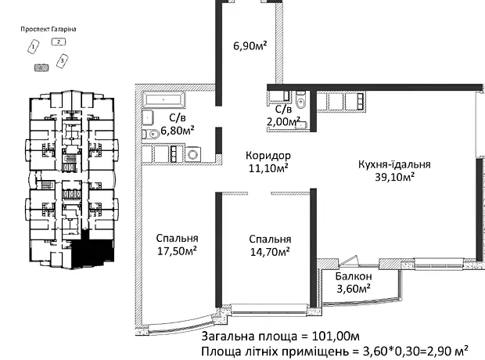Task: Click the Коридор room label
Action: tap(268, 155)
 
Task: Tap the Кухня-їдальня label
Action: tap(394, 164)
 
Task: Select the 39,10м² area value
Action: tap(395, 177)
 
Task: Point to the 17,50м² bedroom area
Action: tap(177, 250)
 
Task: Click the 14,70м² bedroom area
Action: tap(270, 252)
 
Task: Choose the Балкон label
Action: tap(354, 275)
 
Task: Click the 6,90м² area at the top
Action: tap(250, 46)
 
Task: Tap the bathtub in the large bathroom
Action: tap(163, 99)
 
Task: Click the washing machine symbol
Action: tap(193, 154)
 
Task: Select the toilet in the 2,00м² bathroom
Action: tap(300, 99)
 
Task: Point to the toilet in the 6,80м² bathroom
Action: tap(150, 135)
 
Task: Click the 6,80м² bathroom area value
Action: tap(178, 131)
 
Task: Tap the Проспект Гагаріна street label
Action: tap(48, 29)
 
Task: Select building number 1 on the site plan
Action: tap(34, 47)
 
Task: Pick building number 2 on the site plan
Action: tap(59, 41)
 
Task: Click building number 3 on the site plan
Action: tap(62, 61)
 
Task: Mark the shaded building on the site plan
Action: tap(41, 67)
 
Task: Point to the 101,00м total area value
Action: tap(336, 337)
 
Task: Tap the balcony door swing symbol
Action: tap(349, 261)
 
